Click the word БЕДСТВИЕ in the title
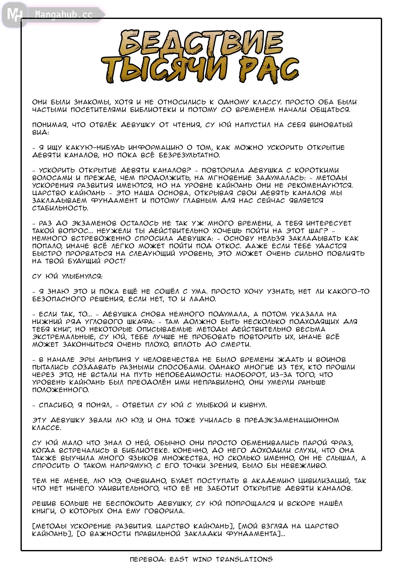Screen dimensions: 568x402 click(x=201, y=43)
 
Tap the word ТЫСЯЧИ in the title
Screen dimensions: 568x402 click(x=165, y=70)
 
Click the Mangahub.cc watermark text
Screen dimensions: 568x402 click(x=64, y=15)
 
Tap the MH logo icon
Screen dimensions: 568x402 click(x=14, y=14)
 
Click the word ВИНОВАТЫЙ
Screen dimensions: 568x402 click(x=331, y=125)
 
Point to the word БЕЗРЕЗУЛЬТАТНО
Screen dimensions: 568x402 click(x=189, y=155)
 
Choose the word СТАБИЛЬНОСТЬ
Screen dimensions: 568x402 click(x=60, y=208)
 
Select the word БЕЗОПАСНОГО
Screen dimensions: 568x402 click(x=59, y=299)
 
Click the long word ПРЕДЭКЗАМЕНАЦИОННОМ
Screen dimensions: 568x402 click(x=291, y=420)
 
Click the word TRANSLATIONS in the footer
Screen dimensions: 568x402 click(x=244, y=559)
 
